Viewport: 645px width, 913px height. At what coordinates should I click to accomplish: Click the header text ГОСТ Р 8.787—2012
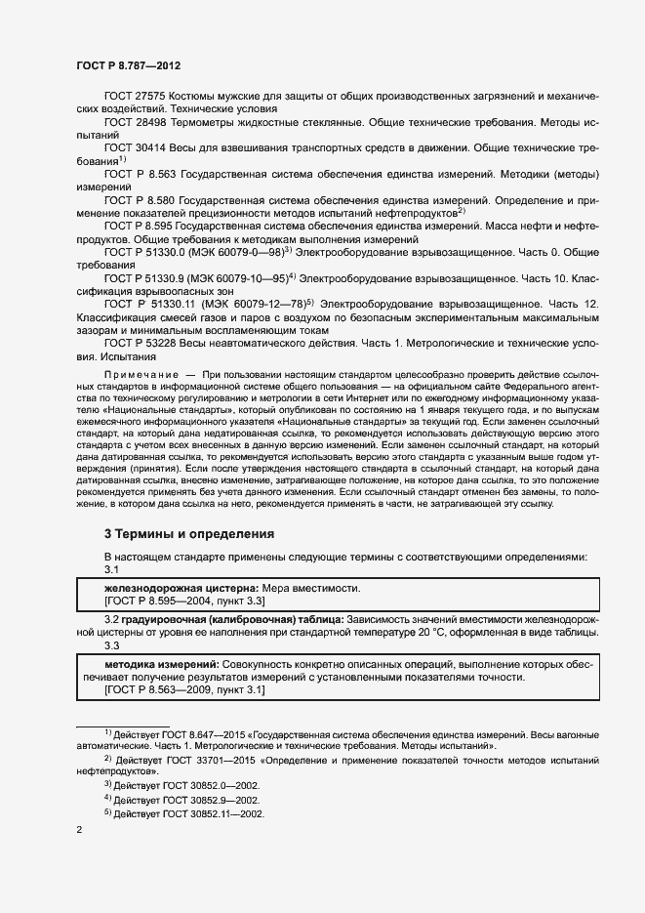[128, 64]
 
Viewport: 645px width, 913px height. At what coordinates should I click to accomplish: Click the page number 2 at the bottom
[80, 831]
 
